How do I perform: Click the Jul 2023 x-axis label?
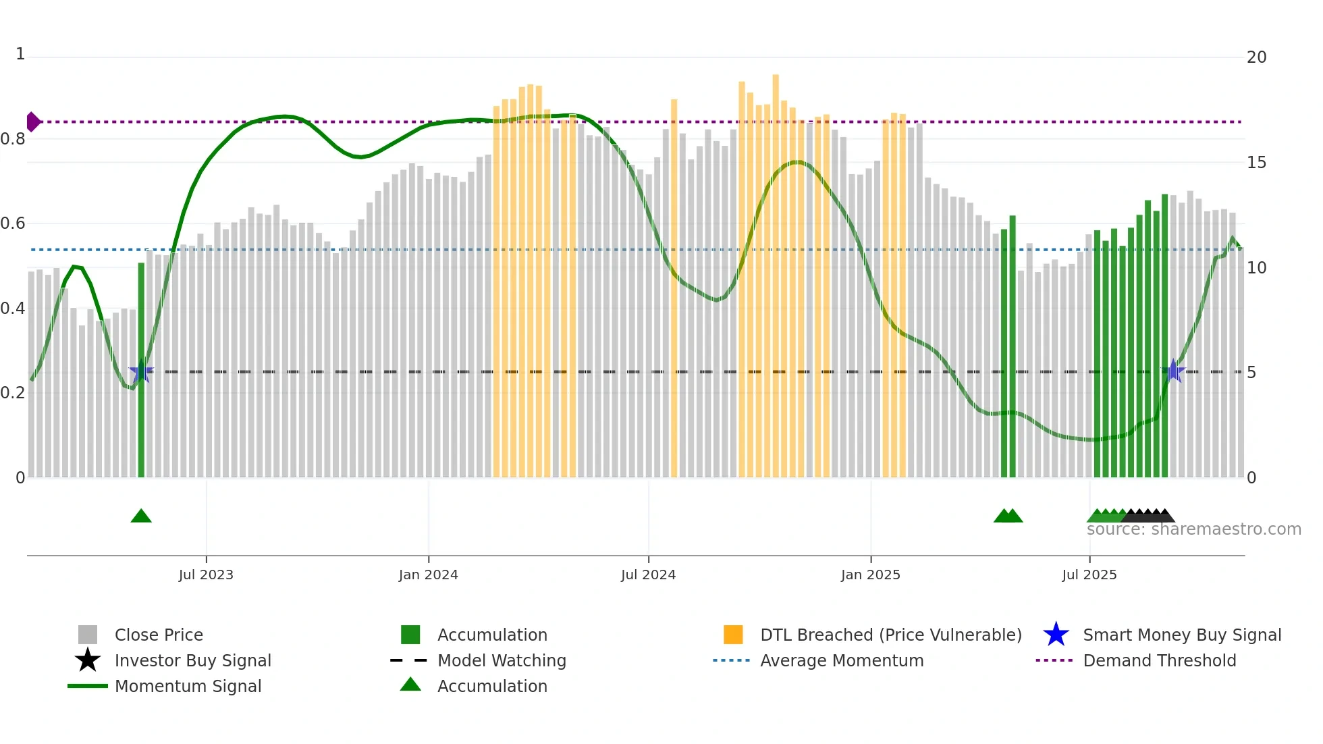pos(206,575)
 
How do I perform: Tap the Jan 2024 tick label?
pos(428,575)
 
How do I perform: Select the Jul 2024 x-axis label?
pos(648,575)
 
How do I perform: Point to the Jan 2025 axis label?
pos(870,575)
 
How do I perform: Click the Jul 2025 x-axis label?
pos(1089,575)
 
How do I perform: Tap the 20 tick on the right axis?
pos(1256,57)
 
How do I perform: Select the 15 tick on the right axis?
pos(1256,163)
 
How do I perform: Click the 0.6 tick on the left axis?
pos(13,223)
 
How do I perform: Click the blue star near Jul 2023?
pos(141,371)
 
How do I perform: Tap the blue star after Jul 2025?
pos(1173,371)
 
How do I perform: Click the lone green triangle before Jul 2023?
pos(141,516)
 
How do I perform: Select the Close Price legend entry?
pos(159,635)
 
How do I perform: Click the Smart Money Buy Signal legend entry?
pos(1181,635)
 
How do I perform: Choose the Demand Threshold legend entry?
pos(1159,660)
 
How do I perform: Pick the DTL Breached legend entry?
pos(890,635)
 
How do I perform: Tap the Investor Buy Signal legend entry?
pos(192,660)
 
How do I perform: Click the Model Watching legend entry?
pos(502,660)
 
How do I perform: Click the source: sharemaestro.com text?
pos(1193,529)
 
